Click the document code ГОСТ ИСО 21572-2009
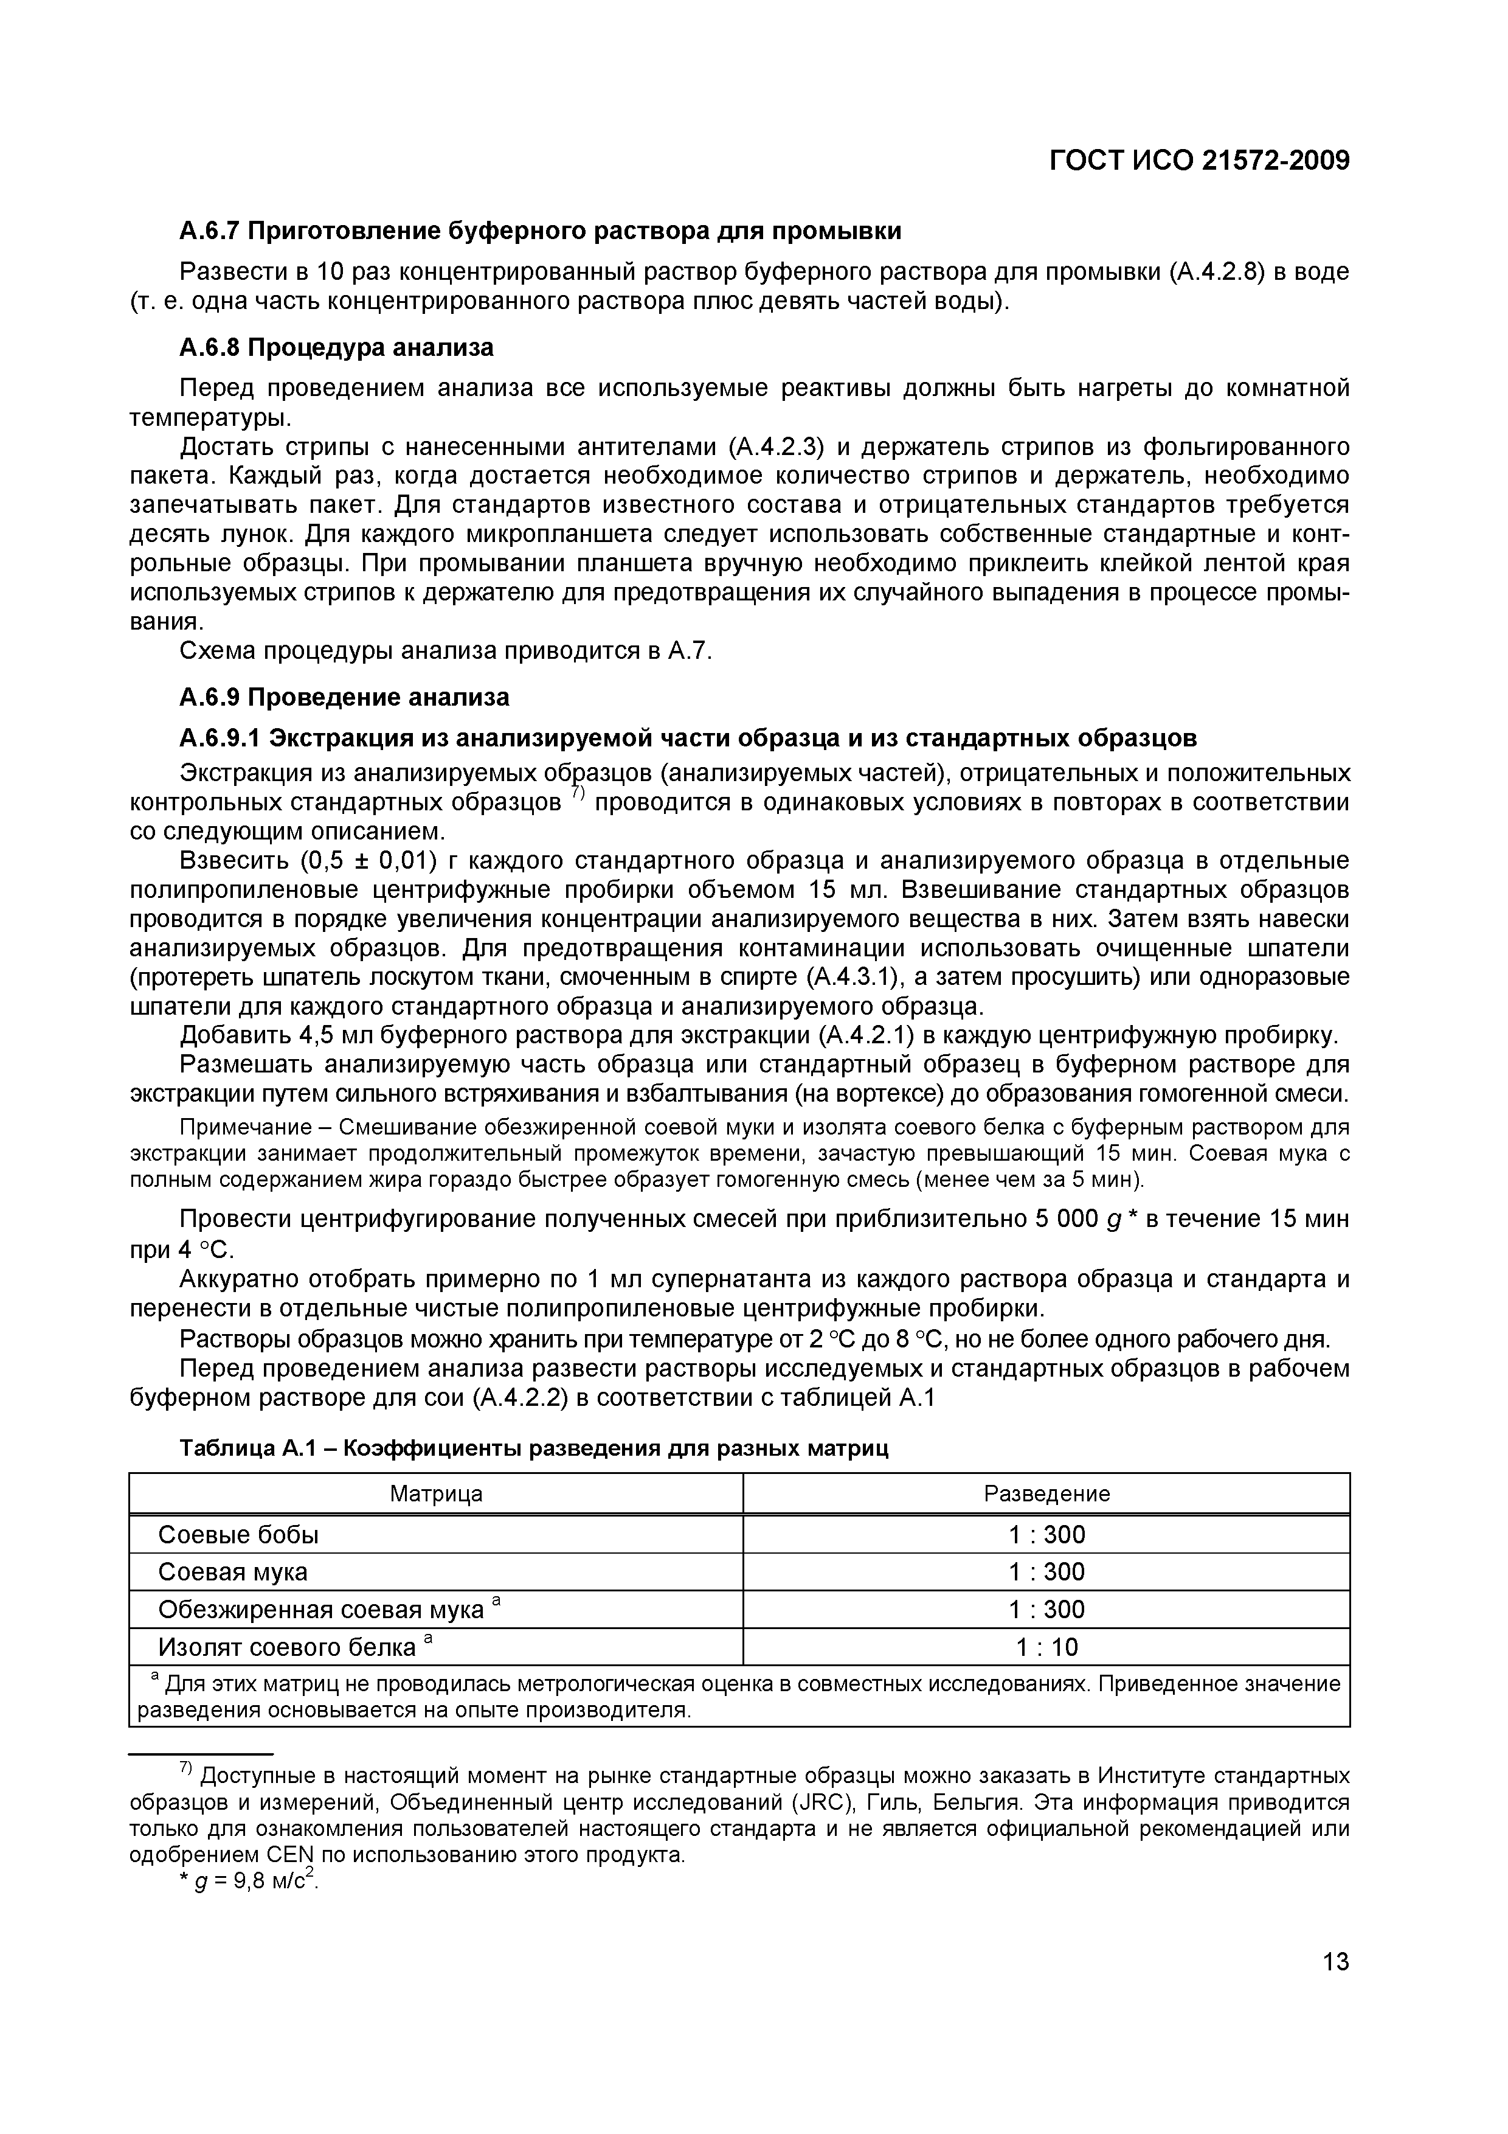1198,162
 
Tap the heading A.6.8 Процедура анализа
336,347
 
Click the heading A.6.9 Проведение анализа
344,697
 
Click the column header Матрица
436,1493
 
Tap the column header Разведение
1046,1493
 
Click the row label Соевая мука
232,1572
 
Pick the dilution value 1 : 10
1046,1647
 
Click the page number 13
1335,1962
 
